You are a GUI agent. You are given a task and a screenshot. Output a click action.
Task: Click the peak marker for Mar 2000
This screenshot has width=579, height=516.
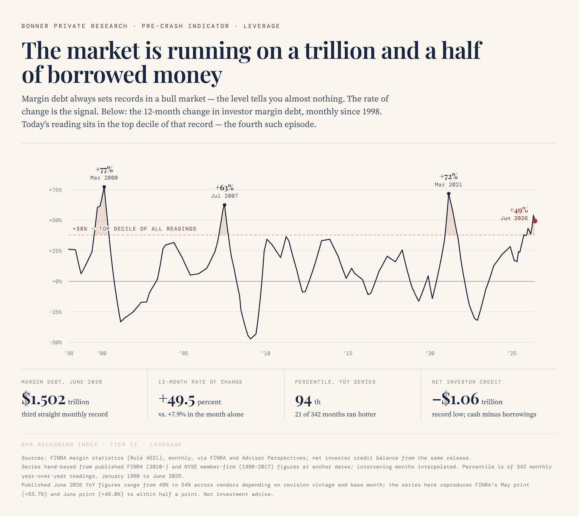[x=104, y=187]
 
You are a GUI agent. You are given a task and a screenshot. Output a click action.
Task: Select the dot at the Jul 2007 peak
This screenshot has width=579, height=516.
[x=224, y=205]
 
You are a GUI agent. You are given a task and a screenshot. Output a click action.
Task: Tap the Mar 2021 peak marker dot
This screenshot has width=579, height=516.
[x=449, y=194]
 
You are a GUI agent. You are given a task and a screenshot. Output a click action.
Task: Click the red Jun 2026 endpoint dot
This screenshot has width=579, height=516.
[x=535, y=221]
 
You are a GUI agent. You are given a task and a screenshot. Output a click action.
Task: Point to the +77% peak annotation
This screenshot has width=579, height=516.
[x=104, y=170]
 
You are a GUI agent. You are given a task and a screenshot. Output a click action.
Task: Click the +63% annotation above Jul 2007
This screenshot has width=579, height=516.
[x=224, y=188]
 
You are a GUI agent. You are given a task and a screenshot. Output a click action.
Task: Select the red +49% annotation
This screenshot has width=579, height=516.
[x=519, y=211]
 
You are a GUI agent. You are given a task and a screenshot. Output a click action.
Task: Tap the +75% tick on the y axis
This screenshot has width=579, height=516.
[x=55, y=190]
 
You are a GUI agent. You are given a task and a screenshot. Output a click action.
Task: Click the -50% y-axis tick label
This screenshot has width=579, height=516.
[x=55, y=342]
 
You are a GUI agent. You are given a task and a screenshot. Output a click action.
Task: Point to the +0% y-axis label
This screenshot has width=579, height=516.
[x=57, y=281]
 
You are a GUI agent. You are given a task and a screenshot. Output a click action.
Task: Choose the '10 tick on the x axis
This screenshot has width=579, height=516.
[x=266, y=353]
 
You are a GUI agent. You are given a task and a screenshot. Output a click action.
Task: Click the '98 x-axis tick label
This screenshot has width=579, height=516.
[x=68, y=353]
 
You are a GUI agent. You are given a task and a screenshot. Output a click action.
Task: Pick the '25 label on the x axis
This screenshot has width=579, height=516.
[x=511, y=353]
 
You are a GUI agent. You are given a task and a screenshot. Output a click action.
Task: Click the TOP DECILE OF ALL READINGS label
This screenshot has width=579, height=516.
[x=148, y=229]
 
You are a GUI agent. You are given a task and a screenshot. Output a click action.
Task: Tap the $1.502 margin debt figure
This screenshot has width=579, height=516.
[x=43, y=399]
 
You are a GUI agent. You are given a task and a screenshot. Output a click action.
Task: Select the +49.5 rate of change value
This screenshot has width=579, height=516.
[x=177, y=400]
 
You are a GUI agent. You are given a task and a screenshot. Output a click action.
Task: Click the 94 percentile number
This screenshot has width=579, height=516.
[x=303, y=400]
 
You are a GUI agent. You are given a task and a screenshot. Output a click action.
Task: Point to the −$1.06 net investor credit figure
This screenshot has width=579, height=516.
[x=455, y=399]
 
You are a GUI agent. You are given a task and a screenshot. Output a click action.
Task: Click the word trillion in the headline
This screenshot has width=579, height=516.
[x=340, y=50]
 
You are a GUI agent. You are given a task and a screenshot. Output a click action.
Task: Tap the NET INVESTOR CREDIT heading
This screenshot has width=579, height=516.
[x=466, y=382]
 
